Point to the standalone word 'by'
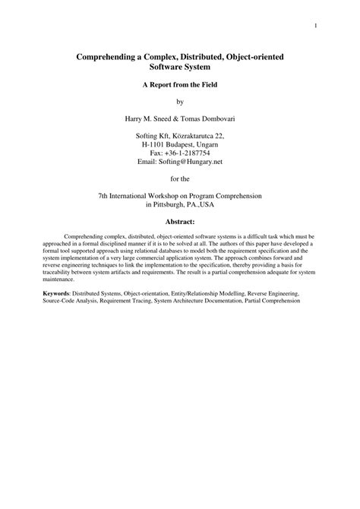pos(180,101)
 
